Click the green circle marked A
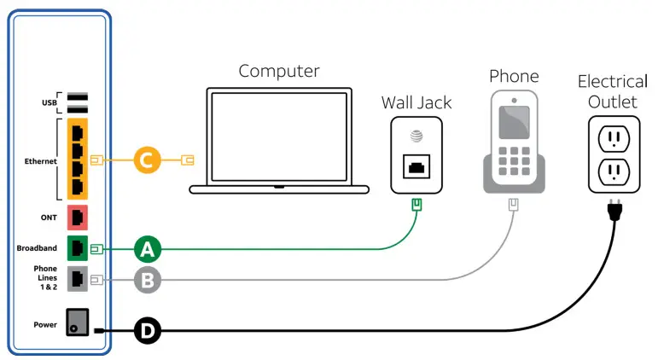[x=147, y=249]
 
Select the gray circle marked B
[x=147, y=278]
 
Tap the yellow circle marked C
[x=147, y=160]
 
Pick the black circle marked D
[x=147, y=331]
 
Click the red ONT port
[x=78, y=217]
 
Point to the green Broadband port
[x=78, y=248]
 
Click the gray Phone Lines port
[x=78, y=278]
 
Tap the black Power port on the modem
[x=77, y=324]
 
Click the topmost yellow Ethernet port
[x=78, y=133]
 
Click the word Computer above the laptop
[x=279, y=71]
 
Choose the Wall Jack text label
[x=416, y=102]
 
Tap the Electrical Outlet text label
[x=612, y=92]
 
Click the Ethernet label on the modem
[x=41, y=160]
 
